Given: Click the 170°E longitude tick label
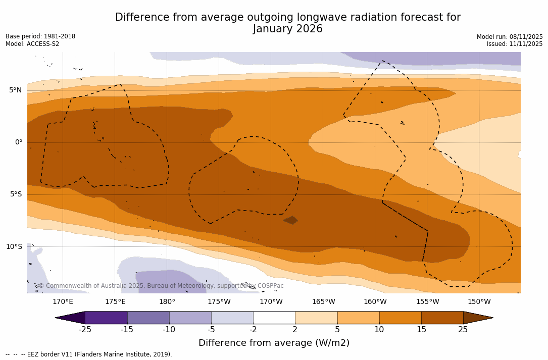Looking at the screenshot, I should pos(63,302).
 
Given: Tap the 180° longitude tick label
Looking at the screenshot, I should pos(167,302).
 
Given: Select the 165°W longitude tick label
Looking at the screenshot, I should pos(323,302).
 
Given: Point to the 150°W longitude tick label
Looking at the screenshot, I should pos(479,302).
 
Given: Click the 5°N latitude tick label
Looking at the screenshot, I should pos(15,90).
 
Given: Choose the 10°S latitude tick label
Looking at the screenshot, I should pos(14,247).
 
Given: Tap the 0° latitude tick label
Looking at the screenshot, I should pos(19,142).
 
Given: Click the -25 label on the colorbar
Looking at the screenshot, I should pos(85,330).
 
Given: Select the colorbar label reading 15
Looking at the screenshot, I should pos(421,330).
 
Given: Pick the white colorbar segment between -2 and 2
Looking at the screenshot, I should pos(274,318).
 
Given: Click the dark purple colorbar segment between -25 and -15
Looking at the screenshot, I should pos(106,318).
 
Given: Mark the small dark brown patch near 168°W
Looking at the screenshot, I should pos(290,220).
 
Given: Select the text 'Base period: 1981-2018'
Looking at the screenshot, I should pos(40,36).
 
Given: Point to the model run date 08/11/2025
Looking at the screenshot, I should pos(526,37).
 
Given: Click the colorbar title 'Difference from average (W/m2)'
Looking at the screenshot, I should pos(274,343).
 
